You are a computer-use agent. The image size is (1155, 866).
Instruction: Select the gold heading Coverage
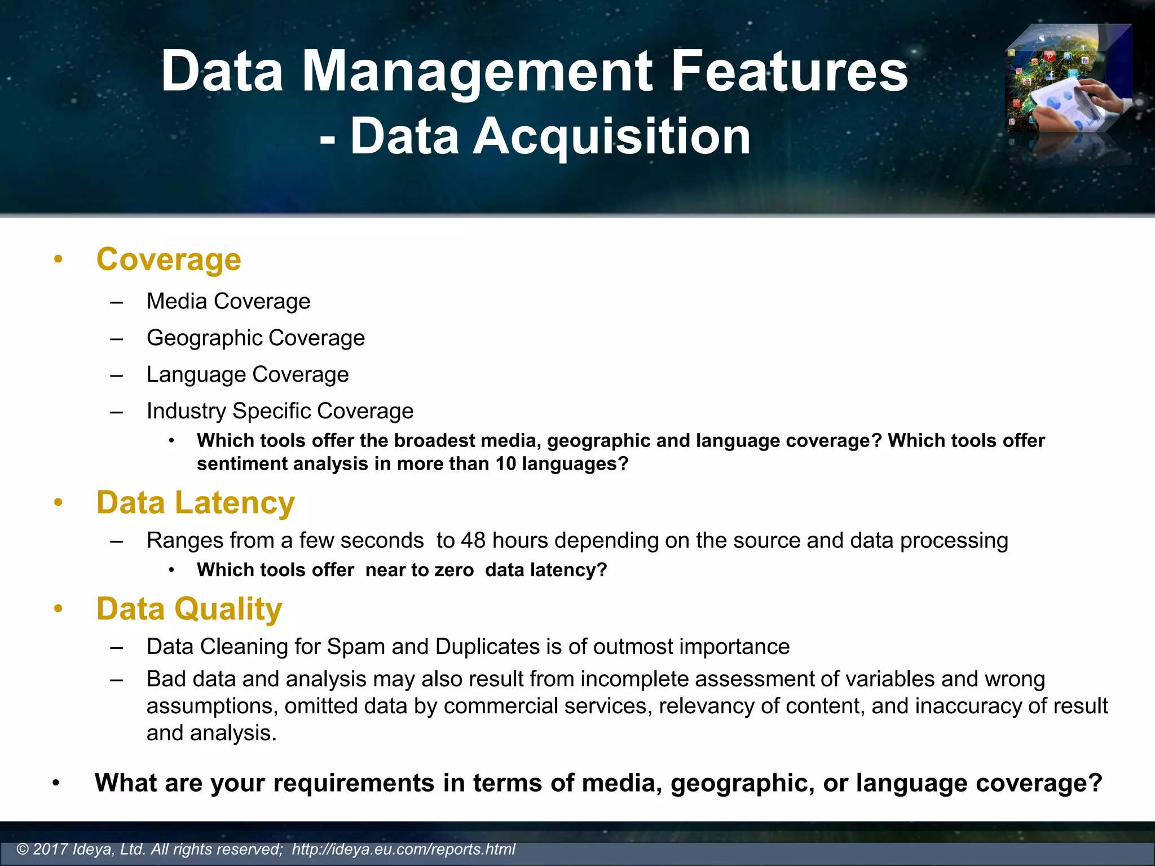pyautogui.click(x=169, y=260)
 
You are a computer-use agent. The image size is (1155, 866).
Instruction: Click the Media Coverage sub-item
pyautogui.click(x=228, y=302)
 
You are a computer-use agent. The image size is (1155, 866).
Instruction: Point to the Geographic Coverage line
pyautogui.click(x=255, y=338)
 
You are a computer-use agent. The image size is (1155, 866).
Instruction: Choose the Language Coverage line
pyautogui.click(x=248, y=375)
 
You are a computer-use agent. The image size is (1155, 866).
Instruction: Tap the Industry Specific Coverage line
pyautogui.click(x=280, y=412)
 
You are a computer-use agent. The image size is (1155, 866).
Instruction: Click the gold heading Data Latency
pyautogui.click(x=196, y=503)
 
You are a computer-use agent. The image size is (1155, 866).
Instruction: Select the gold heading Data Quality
pyautogui.click(x=189, y=609)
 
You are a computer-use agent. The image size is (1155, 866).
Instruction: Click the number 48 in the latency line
pyautogui.click(x=473, y=541)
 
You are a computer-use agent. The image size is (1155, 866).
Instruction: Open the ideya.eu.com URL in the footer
pyautogui.click(x=403, y=849)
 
